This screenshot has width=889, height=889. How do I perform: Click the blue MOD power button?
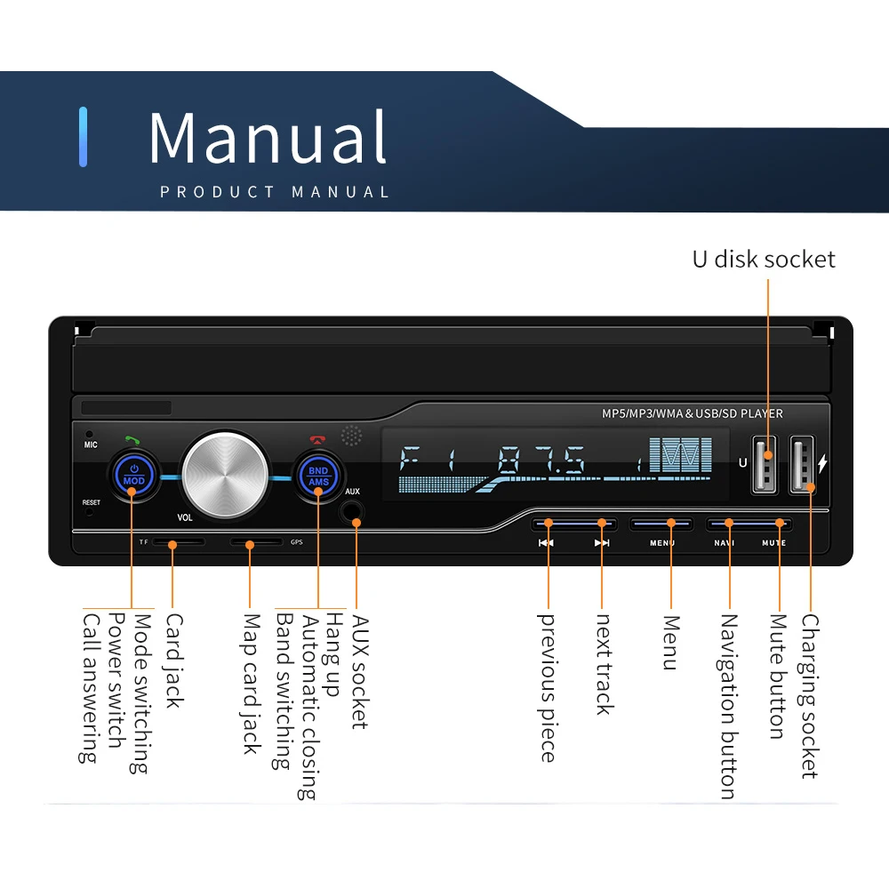(134, 475)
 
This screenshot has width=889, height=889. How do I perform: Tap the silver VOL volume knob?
(225, 475)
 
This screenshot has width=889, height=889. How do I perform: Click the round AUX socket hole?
(351, 511)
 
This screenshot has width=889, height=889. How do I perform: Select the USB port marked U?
(764, 464)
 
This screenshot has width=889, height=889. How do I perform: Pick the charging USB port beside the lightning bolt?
(802, 464)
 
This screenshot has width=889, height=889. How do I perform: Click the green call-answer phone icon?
(132, 440)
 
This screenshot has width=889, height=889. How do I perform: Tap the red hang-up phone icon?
(317, 439)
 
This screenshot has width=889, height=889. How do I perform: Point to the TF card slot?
(178, 542)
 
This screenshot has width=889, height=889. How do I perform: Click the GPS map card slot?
(256, 542)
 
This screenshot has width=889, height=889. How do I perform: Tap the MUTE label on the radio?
(774, 543)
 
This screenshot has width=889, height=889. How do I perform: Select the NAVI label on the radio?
(724, 543)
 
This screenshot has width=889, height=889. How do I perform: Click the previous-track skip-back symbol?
(546, 543)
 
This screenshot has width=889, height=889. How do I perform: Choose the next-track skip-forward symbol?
(602, 543)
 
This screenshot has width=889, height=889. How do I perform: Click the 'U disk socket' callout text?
(764, 259)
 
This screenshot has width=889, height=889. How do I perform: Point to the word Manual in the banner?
(268, 137)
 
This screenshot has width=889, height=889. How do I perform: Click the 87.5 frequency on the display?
(541, 460)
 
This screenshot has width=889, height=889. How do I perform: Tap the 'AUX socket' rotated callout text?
(361, 672)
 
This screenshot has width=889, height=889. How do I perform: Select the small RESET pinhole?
(89, 512)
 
